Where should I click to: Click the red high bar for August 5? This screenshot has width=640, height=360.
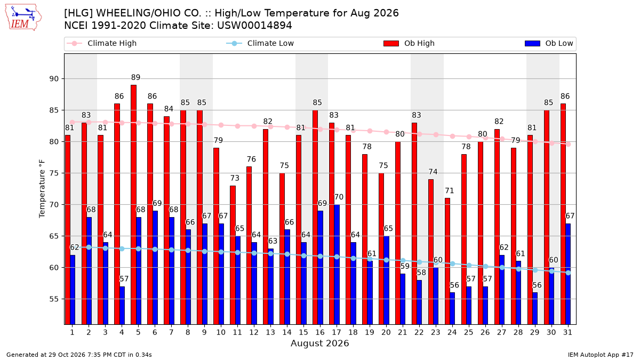133,205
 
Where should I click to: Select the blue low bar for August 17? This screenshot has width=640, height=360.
337,265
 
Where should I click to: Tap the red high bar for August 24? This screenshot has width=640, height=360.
447,261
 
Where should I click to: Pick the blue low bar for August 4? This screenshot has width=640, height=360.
122,306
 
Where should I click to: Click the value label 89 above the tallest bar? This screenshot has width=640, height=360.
135,77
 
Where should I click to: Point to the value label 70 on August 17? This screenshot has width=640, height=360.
339,197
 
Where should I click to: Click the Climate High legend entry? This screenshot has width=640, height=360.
102,43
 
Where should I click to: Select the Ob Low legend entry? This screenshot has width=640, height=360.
549,43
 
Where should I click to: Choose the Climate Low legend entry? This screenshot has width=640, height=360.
260,43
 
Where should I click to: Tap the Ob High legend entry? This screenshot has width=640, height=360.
409,43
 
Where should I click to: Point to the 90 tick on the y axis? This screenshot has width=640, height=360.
54,79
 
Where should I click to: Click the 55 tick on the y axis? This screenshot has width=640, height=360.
54,299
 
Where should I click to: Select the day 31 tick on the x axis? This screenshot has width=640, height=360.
567,333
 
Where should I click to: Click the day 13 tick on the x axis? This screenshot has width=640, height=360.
270,333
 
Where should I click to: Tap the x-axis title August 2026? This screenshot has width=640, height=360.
319,343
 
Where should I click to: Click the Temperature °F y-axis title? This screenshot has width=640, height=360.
42,189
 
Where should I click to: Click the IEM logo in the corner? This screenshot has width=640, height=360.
23,17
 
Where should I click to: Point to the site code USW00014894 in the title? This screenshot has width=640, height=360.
254,26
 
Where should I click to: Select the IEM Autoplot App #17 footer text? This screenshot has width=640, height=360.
601,355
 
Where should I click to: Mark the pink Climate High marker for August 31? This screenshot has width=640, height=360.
569,145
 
